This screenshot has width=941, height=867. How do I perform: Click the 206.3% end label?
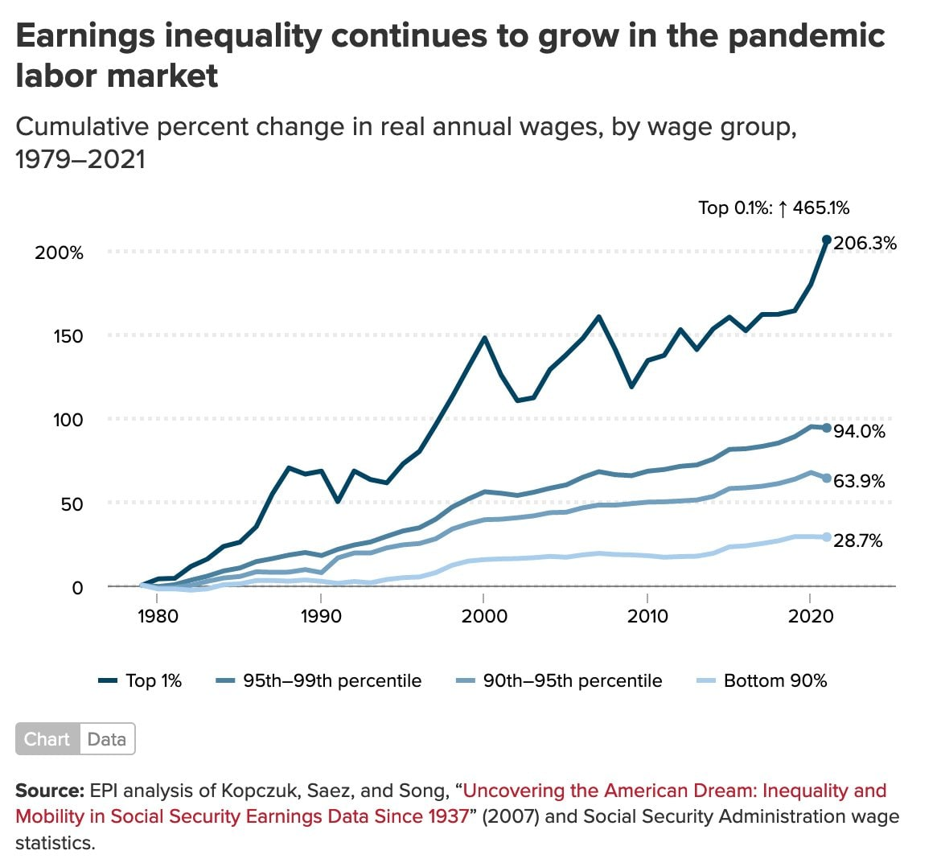click(865, 243)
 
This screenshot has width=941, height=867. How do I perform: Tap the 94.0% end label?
click(859, 432)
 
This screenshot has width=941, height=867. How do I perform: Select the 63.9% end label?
click(859, 481)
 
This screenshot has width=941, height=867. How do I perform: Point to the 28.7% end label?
click(858, 540)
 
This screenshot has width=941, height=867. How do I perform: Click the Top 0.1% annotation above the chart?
click(773, 208)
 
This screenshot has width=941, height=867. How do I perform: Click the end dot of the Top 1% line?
click(826, 240)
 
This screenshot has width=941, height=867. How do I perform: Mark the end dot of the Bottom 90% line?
click(826, 537)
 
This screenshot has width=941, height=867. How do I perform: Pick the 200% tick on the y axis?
click(60, 253)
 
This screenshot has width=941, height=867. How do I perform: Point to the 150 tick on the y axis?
click(68, 336)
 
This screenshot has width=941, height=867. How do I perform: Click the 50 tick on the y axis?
click(73, 504)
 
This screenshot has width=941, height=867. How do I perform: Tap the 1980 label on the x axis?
click(158, 616)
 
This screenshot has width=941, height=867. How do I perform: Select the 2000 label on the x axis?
click(483, 616)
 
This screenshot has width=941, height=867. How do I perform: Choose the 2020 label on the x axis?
click(809, 616)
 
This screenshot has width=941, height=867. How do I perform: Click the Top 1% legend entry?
click(141, 681)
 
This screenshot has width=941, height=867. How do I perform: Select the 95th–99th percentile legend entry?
click(319, 681)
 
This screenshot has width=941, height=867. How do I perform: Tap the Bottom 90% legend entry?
click(761, 681)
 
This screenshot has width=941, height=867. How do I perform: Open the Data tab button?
click(107, 739)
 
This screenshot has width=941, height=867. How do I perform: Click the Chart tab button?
click(47, 739)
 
